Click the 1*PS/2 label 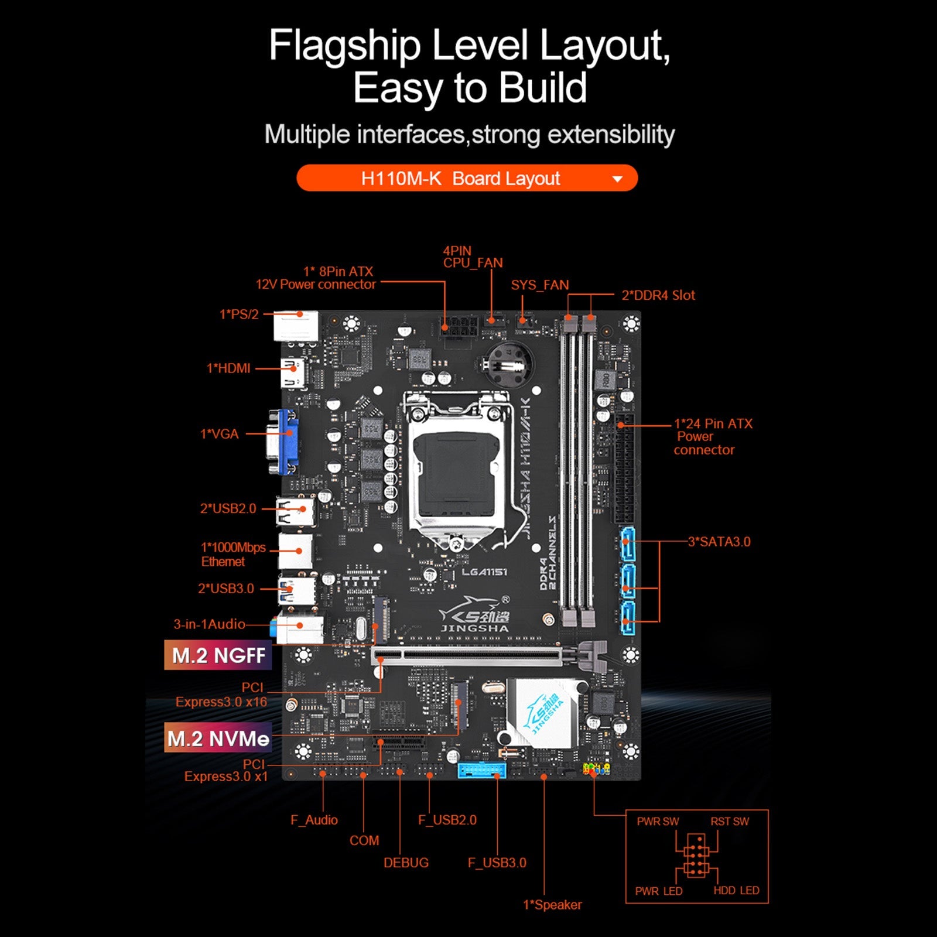click(239, 314)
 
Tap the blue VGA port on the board click(285, 442)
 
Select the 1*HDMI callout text click(228, 368)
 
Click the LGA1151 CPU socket click(457, 463)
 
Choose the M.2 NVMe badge click(218, 738)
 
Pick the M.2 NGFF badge click(218, 655)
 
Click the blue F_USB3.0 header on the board click(481, 770)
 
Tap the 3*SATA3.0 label click(719, 542)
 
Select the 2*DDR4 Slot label click(658, 295)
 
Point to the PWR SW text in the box click(658, 822)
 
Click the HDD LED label click(736, 891)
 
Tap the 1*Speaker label click(552, 905)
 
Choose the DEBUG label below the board click(406, 863)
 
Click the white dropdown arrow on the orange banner click(617, 179)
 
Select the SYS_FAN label click(539, 285)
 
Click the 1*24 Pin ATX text click(713, 423)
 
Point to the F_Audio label click(314, 820)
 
